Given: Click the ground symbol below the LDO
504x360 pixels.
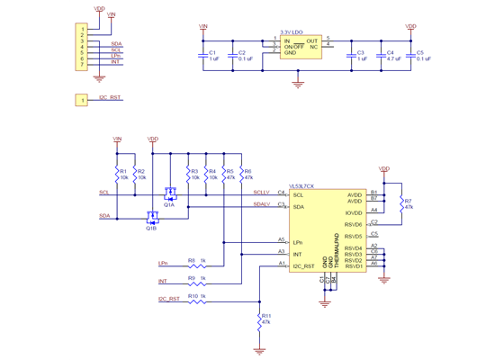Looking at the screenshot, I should click(298, 85).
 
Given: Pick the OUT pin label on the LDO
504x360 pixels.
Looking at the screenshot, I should click(311, 41).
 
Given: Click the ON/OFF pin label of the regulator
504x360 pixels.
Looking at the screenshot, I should click(293, 47).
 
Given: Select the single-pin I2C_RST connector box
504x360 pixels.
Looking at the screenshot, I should click(83, 101).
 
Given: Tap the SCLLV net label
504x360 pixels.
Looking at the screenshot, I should click(262, 192).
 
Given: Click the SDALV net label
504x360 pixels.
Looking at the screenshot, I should click(262, 203).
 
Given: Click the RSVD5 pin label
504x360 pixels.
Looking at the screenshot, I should click(353, 236).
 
